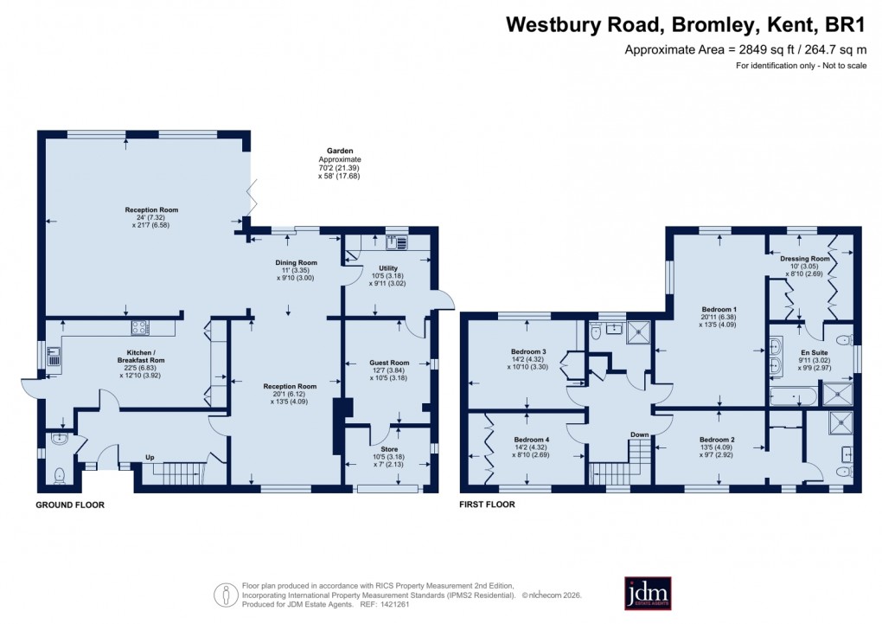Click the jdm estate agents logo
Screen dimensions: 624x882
point(646,594)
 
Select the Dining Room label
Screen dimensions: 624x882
point(297,262)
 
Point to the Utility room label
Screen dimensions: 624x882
point(388,268)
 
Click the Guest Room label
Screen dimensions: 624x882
point(388,363)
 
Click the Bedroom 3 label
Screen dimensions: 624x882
point(527,351)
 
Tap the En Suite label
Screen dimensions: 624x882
point(814,352)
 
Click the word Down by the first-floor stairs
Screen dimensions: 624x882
point(639,434)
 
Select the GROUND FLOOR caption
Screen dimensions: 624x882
point(70,505)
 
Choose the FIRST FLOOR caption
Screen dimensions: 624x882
point(488,505)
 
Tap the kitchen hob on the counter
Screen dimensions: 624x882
point(140,327)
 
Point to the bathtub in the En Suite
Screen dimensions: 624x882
point(794,396)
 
